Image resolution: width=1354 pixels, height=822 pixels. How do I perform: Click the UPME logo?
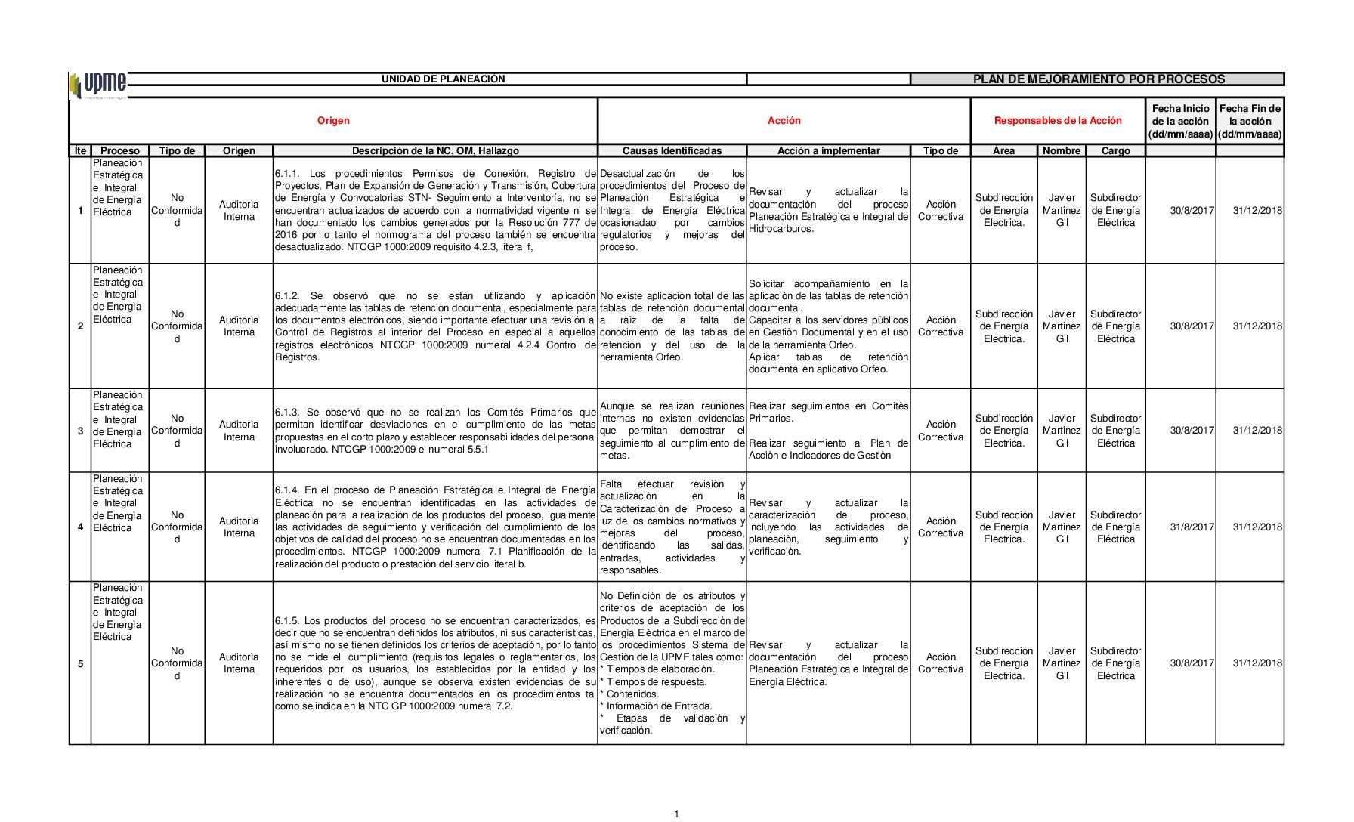point(98,84)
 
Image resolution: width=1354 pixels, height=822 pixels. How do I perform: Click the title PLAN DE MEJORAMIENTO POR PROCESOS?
point(1099,79)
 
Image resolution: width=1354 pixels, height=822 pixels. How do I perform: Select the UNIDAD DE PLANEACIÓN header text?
point(443,79)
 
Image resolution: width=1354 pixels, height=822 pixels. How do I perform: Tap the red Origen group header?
point(333,121)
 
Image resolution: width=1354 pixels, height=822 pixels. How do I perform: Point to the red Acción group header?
point(784,121)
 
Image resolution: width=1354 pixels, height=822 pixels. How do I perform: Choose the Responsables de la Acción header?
point(1057,121)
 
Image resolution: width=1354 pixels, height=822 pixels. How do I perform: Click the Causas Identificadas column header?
point(672,151)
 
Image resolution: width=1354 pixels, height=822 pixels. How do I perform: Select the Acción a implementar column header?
point(828,151)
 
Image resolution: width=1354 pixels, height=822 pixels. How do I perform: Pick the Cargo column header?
point(1115,151)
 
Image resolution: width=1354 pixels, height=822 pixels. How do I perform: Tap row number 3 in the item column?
point(81,431)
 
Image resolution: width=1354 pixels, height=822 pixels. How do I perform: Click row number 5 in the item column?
point(81,664)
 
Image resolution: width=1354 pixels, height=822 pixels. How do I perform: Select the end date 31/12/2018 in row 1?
point(1257,211)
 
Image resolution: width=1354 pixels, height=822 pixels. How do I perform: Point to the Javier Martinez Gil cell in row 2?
point(1062,326)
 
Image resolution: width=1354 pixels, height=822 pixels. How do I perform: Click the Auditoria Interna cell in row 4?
point(239,527)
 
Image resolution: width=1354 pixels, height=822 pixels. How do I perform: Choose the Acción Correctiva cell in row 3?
point(940,431)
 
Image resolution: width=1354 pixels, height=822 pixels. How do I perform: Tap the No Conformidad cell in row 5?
point(177,663)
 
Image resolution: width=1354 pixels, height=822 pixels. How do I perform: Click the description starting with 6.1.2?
point(435,326)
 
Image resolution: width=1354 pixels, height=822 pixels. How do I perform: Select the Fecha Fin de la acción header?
point(1250,121)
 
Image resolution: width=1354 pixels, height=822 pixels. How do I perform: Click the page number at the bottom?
point(677,814)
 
